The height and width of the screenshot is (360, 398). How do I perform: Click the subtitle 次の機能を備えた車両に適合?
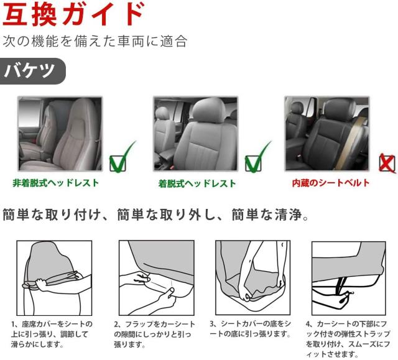click(x=95, y=42)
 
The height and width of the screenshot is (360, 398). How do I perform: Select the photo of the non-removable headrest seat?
click(x=60, y=133)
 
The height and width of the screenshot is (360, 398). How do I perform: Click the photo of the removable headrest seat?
click(x=195, y=133)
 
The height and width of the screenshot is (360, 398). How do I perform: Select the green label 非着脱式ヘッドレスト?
click(x=55, y=183)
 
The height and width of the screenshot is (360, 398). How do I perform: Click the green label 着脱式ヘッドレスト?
click(x=197, y=183)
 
